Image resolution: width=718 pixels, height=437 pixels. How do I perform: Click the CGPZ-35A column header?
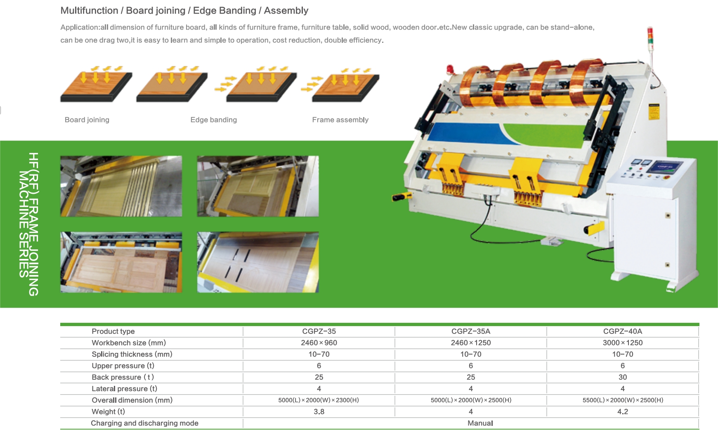click(470, 331)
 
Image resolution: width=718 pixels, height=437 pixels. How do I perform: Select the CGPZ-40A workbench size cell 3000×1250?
click(622, 343)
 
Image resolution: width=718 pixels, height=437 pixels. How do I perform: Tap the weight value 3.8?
click(319, 412)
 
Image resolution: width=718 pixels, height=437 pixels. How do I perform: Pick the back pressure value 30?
click(622, 377)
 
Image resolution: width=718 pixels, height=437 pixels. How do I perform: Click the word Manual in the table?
click(480, 423)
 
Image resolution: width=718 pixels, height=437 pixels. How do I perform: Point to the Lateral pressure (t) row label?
click(124, 389)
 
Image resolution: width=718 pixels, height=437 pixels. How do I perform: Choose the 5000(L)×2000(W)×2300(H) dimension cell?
click(319, 400)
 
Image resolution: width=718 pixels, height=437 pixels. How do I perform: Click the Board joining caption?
click(87, 120)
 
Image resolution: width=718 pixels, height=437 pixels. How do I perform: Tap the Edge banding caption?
click(213, 120)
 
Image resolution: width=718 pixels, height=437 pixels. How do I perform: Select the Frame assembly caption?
click(340, 120)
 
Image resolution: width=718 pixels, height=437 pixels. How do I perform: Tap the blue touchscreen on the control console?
click(664, 167)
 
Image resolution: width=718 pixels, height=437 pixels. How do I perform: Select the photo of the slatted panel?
click(121, 186)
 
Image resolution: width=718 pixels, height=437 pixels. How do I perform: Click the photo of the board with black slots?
click(258, 262)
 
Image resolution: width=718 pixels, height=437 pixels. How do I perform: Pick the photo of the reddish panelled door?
click(121, 262)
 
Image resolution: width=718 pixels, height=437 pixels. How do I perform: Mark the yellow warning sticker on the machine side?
click(654, 111)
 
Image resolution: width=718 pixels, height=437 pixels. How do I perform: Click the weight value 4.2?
click(622, 412)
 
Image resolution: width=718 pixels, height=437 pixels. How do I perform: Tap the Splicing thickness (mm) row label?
click(132, 355)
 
